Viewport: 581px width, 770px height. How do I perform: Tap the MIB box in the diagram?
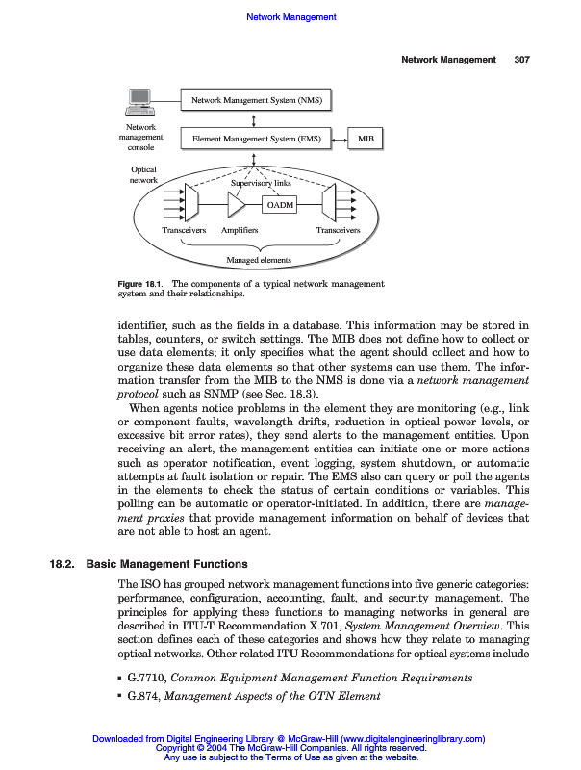[366, 140]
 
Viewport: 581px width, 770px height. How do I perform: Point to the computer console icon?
[140, 102]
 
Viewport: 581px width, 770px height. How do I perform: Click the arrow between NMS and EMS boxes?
[253, 119]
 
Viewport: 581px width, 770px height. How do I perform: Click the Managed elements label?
[258, 260]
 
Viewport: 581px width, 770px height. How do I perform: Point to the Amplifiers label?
[240, 231]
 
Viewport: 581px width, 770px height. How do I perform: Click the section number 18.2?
[63, 564]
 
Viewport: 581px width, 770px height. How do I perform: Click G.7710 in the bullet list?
[145, 678]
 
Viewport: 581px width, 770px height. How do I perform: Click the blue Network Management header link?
[291, 17]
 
